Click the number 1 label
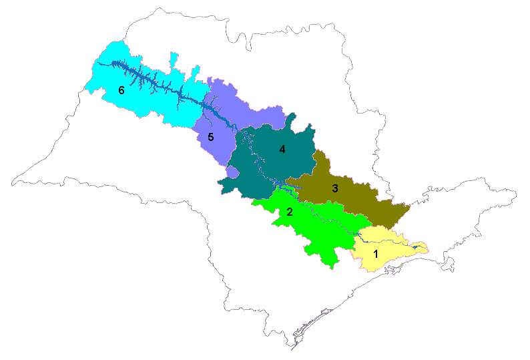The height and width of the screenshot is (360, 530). click(x=376, y=254)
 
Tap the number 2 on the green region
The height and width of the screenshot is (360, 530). click(x=289, y=212)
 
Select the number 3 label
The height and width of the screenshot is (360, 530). click(x=335, y=188)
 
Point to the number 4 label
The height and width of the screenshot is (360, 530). click(x=282, y=150)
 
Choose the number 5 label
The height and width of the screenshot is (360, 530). click(x=210, y=138)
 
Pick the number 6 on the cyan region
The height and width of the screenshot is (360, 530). click(x=121, y=90)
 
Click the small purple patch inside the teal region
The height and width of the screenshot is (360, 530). click(x=232, y=172)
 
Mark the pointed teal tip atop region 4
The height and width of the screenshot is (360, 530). click(x=292, y=118)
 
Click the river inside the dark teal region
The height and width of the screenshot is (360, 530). click(x=257, y=164)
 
